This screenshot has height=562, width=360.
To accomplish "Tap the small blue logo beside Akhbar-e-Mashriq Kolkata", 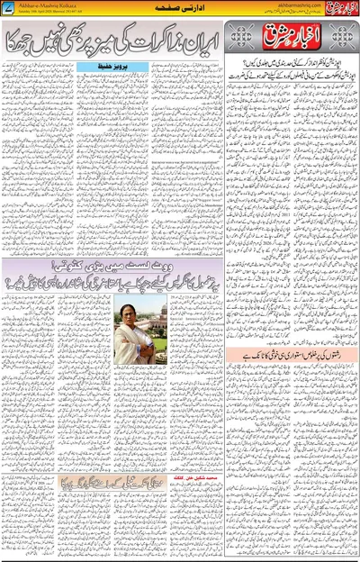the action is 9,8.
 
